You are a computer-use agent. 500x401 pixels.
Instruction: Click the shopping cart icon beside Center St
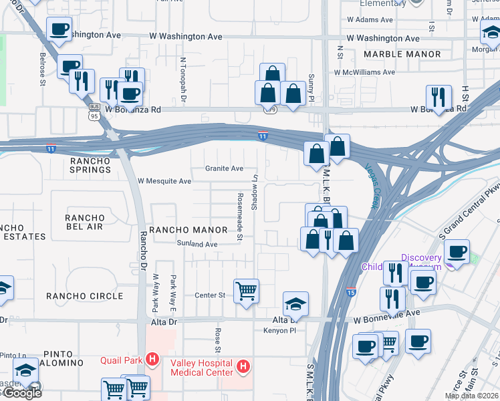tap(247, 291)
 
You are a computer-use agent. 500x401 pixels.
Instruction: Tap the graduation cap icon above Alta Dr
tap(295, 304)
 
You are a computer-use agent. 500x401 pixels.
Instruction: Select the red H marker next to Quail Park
tap(152, 360)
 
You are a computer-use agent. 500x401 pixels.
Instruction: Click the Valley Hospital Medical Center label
tap(201, 368)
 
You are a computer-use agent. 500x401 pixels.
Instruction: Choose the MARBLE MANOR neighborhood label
tap(402, 54)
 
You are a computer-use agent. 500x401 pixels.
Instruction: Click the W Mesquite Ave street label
tap(164, 181)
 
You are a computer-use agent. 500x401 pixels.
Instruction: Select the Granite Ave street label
tap(224, 168)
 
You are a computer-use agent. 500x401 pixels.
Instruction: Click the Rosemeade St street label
tap(239, 215)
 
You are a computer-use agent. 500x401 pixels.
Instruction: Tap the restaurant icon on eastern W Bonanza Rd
tap(439, 98)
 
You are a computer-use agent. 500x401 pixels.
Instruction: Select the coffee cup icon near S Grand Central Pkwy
tap(457, 253)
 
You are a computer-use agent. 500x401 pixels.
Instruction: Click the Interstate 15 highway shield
tap(352, 292)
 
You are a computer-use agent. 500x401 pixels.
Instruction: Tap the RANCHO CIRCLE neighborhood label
tap(84, 296)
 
